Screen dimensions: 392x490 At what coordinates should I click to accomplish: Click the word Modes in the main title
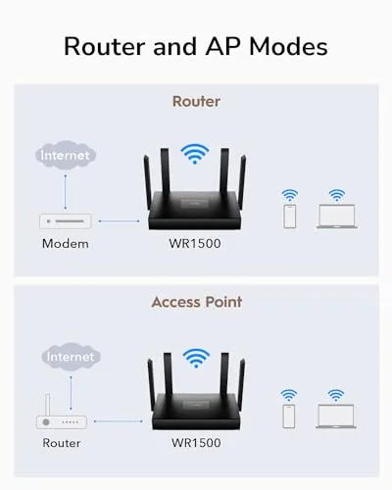[288, 46]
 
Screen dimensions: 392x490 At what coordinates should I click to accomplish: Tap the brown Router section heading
[196, 101]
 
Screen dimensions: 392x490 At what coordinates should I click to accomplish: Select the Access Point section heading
[197, 302]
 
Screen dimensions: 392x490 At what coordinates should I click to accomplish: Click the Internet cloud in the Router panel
[66, 155]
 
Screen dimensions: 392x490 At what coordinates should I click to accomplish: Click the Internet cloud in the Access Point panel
[71, 357]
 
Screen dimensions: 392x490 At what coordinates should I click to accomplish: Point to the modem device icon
[66, 221]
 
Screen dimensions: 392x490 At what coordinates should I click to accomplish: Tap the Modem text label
[66, 244]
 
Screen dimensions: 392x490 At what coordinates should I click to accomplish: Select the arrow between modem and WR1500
[120, 221]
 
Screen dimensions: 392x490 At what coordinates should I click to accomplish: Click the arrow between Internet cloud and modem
[66, 192]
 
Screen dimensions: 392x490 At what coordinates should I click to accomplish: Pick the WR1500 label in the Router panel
[195, 243]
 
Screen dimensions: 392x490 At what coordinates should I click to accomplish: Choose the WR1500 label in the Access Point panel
[196, 443]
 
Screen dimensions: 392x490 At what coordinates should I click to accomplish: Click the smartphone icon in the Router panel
[290, 216]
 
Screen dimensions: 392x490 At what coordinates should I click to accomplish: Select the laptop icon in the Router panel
[337, 216]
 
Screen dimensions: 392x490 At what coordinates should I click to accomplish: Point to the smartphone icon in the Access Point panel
[289, 416]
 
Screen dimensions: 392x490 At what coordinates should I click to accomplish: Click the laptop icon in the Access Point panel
[336, 416]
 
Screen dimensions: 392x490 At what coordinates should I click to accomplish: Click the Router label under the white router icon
[62, 443]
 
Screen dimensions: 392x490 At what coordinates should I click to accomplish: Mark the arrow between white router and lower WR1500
[119, 421]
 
